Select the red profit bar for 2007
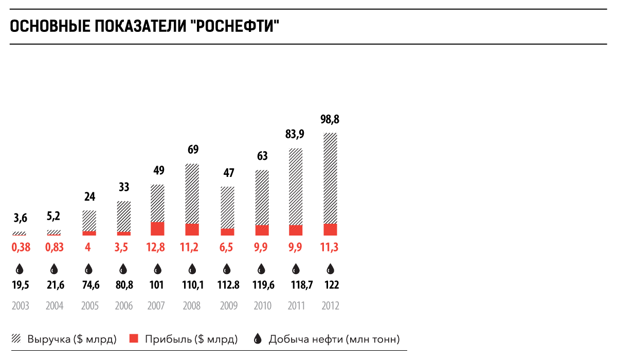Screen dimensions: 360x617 click(x=158, y=229)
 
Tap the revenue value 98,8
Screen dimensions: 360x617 click(x=331, y=120)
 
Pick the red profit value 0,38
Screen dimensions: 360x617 click(x=20, y=247)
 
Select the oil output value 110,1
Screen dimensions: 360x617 click(x=192, y=284)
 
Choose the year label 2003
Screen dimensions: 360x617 click(x=20, y=306)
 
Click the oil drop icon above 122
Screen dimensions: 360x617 click(x=331, y=268)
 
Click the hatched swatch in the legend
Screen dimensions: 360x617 click(x=16, y=338)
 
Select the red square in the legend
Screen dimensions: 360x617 click(x=134, y=338)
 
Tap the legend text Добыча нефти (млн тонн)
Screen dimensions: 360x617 click(x=334, y=339)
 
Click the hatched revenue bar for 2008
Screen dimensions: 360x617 click(x=192, y=193)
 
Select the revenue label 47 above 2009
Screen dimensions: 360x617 click(x=227, y=173)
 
